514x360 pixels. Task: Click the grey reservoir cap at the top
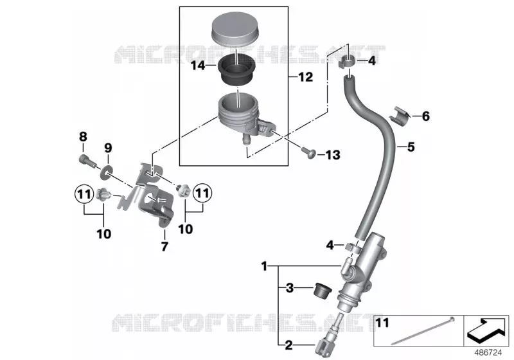click(x=235, y=29)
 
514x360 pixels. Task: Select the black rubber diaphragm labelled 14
click(x=235, y=71)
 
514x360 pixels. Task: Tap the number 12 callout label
click(x=306, y=77)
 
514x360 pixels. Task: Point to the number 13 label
click(x=333, y=155)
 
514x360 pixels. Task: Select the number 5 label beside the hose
click(x=411, y=147)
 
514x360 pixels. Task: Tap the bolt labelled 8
click(x=87, y=160)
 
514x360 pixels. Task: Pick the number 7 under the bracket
click(x=164, y=246)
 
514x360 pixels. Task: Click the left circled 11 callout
click(x=84, y=195)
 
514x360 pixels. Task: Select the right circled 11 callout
click(x=202, y=193)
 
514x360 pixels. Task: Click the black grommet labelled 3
click(x=323, y=290)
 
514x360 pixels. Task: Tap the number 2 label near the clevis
click(x=288, y=345)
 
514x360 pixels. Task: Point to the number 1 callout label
click(x=264, y=266)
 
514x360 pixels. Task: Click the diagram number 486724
click(x=488, y=353)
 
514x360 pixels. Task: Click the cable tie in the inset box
click(x=422, y=331)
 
